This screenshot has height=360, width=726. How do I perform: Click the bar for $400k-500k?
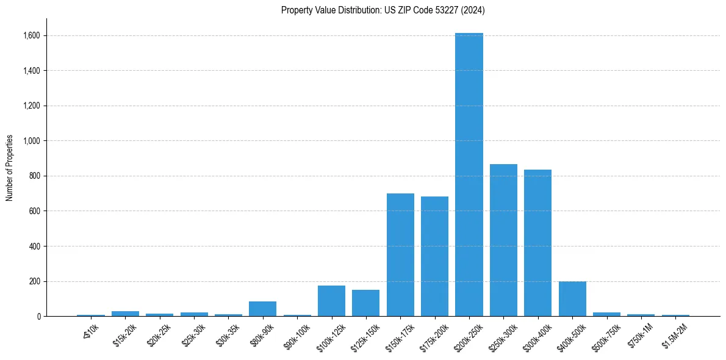572,299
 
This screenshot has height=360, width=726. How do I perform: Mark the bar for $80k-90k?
263,309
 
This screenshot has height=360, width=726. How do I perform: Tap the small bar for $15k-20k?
125,314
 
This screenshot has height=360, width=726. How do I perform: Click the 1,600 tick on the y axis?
32,36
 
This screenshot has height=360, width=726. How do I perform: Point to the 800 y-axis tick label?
35,176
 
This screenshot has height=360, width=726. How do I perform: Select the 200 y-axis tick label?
35,282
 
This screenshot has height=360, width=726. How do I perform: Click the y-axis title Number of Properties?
10,168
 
